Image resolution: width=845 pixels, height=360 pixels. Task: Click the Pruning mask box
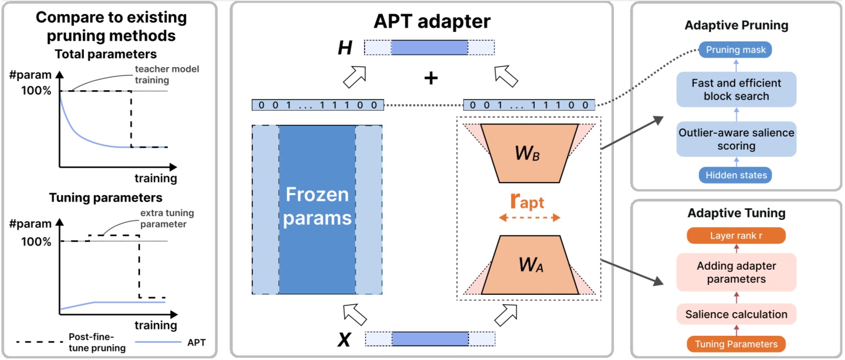pos(735,50)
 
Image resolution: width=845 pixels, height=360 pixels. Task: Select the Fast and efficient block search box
pos(736,90)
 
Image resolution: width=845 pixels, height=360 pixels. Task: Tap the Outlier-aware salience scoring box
pos(736,139)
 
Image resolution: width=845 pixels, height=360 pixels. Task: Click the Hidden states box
pos(735,175)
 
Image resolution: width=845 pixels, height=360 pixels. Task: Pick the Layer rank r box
pos(736,236)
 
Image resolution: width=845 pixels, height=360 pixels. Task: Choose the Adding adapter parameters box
pos(736,272)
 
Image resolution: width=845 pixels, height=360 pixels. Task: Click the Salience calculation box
pos(736,314)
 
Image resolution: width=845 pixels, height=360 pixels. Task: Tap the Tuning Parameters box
pos(736,344)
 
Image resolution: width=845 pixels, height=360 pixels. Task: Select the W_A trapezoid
pos(530,265)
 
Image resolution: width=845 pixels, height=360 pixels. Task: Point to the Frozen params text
pos(317,206)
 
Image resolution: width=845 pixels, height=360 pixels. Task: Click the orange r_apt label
pos(527,202)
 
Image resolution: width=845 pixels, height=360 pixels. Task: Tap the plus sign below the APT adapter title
pos(431,78)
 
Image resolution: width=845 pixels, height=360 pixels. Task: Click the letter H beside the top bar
pos(345,48)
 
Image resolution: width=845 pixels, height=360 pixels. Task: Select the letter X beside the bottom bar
pos(344,340)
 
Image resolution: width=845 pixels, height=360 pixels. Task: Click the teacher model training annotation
pos(166,75)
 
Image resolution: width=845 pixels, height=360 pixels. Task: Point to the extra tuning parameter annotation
pos(166,218)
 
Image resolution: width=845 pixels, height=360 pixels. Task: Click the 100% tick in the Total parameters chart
pos(36,91)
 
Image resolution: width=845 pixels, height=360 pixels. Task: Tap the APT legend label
pos(196,343)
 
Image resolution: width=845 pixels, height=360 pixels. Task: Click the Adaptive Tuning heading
pos(736,213)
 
